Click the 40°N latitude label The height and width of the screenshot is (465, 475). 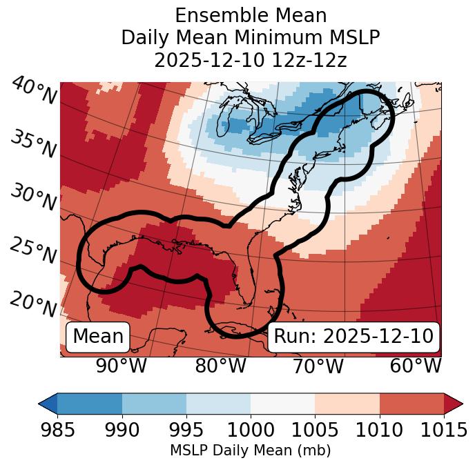[x=34, y=92]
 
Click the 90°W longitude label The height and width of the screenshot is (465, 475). [x=121, y=366]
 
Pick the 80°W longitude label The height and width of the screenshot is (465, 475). [x=220, y=366]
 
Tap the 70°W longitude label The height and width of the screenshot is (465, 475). [x=318, y=366]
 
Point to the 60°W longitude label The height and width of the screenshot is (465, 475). [x=416, y=366]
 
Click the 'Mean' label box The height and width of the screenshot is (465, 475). [x=98, y=337]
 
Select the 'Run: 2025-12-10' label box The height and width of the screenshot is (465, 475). [x=353, y=337]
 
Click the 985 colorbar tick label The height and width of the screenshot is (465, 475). [x=57, y=431]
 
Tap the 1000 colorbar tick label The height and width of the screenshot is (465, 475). [x=251, y=431]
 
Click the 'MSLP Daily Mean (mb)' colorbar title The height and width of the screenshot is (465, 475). [x=250, y=451]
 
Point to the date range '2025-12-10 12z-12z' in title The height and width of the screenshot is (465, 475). [x=251, y=60]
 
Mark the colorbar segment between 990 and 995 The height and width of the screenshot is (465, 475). [x=154, y=403]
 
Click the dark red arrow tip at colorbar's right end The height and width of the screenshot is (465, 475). [x=453, y=403]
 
